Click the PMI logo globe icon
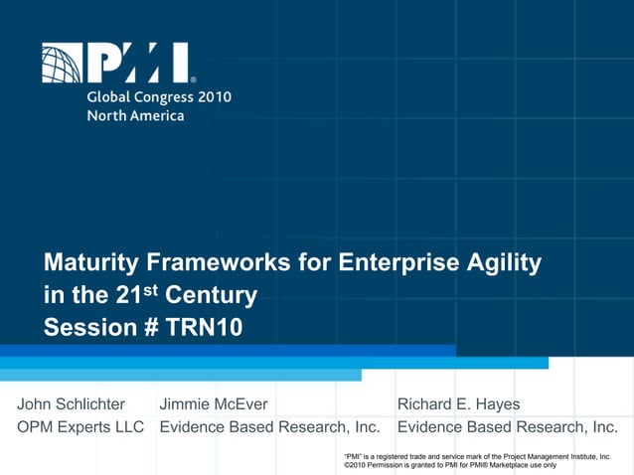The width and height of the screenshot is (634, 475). pos(62,63)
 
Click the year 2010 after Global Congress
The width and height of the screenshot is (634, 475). pos(212,97)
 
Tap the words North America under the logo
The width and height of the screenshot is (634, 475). pos(135,115)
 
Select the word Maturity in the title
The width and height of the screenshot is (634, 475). pos(90,263)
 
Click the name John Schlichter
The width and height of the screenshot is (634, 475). pos(72,404)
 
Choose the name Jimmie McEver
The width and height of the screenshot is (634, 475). pos(213,404)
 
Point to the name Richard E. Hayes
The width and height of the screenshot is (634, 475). pos(458,404)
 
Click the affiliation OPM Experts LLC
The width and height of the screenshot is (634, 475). pos(80,427)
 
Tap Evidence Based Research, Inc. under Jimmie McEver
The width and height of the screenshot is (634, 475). pos(269,427)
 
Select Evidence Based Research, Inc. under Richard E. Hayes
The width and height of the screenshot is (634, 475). pos(507,427)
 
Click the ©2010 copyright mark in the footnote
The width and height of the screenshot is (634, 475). pos(355,464)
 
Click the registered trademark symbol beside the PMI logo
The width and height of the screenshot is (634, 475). pos(193,79)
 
